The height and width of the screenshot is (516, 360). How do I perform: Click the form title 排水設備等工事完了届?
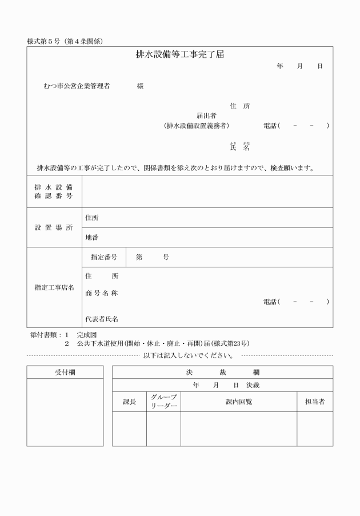click(x=179, y=55)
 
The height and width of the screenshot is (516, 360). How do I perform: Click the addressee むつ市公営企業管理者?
click(x=76, y=86)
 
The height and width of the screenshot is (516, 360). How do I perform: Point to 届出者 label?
click(x=206, y=115)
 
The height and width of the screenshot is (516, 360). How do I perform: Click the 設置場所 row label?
click(x=54, y=227)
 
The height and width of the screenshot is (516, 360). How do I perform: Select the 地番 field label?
click(x=91, y=237)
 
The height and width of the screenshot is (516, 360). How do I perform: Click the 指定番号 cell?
click(x=104, y=257)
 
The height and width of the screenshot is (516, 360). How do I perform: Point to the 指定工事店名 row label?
click(x=54, y=287)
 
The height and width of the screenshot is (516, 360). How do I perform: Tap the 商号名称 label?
click(x=101, y=293)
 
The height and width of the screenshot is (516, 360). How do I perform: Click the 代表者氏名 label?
click(x=102, y=319)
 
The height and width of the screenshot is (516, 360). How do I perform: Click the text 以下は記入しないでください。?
click(x=188, y=355)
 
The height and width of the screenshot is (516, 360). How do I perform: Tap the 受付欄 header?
click(x=65, y=372)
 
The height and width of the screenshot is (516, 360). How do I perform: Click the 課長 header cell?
click(x=130, y=402)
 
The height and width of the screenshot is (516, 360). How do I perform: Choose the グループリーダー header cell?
click(x=163, y=402)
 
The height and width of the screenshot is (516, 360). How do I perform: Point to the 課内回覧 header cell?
click(x=238, y=402)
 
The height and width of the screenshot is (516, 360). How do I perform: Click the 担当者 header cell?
click(x=314, y=402)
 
